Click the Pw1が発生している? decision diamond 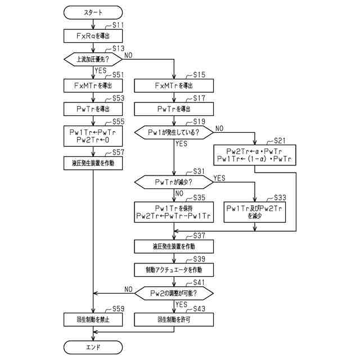[x=174, y=133]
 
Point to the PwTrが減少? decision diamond [x=174, y=182]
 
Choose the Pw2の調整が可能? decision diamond [x=174, y=293]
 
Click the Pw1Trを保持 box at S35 [x=174, y=212]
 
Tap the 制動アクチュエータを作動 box [x=174, y=269]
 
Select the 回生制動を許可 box [x=174, y=319]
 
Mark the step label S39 [x=200, y=259]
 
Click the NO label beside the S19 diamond [x=219, y=128]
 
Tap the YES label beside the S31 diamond [x=218, y=178]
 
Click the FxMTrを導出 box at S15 [x=174, y=85]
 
